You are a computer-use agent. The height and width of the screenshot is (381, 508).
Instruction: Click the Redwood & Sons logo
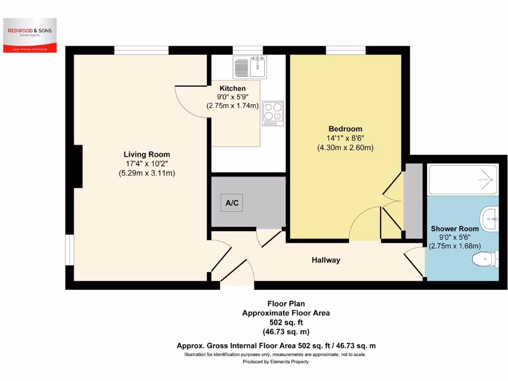30,35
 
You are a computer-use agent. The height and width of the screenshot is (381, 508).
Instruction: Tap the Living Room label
146,154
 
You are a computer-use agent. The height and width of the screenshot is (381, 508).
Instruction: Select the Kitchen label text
233,88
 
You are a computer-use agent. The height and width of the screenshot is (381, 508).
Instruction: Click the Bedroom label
345,129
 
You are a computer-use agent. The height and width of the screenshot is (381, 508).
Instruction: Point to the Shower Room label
455,229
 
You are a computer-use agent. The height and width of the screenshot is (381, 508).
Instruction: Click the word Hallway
325,260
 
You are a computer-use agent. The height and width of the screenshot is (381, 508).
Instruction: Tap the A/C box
232,202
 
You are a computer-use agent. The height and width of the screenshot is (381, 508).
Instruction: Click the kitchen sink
251,66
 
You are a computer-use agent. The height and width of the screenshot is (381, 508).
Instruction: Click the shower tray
463,180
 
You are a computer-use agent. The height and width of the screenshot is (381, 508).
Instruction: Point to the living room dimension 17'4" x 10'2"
146,164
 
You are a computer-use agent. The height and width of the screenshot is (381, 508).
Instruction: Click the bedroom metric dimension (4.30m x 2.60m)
345,147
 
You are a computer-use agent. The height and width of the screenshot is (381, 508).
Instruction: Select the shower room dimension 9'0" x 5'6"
455,237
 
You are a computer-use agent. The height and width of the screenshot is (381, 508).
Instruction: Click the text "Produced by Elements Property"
275,362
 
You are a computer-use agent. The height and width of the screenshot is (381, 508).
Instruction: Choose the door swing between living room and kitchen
191,102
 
